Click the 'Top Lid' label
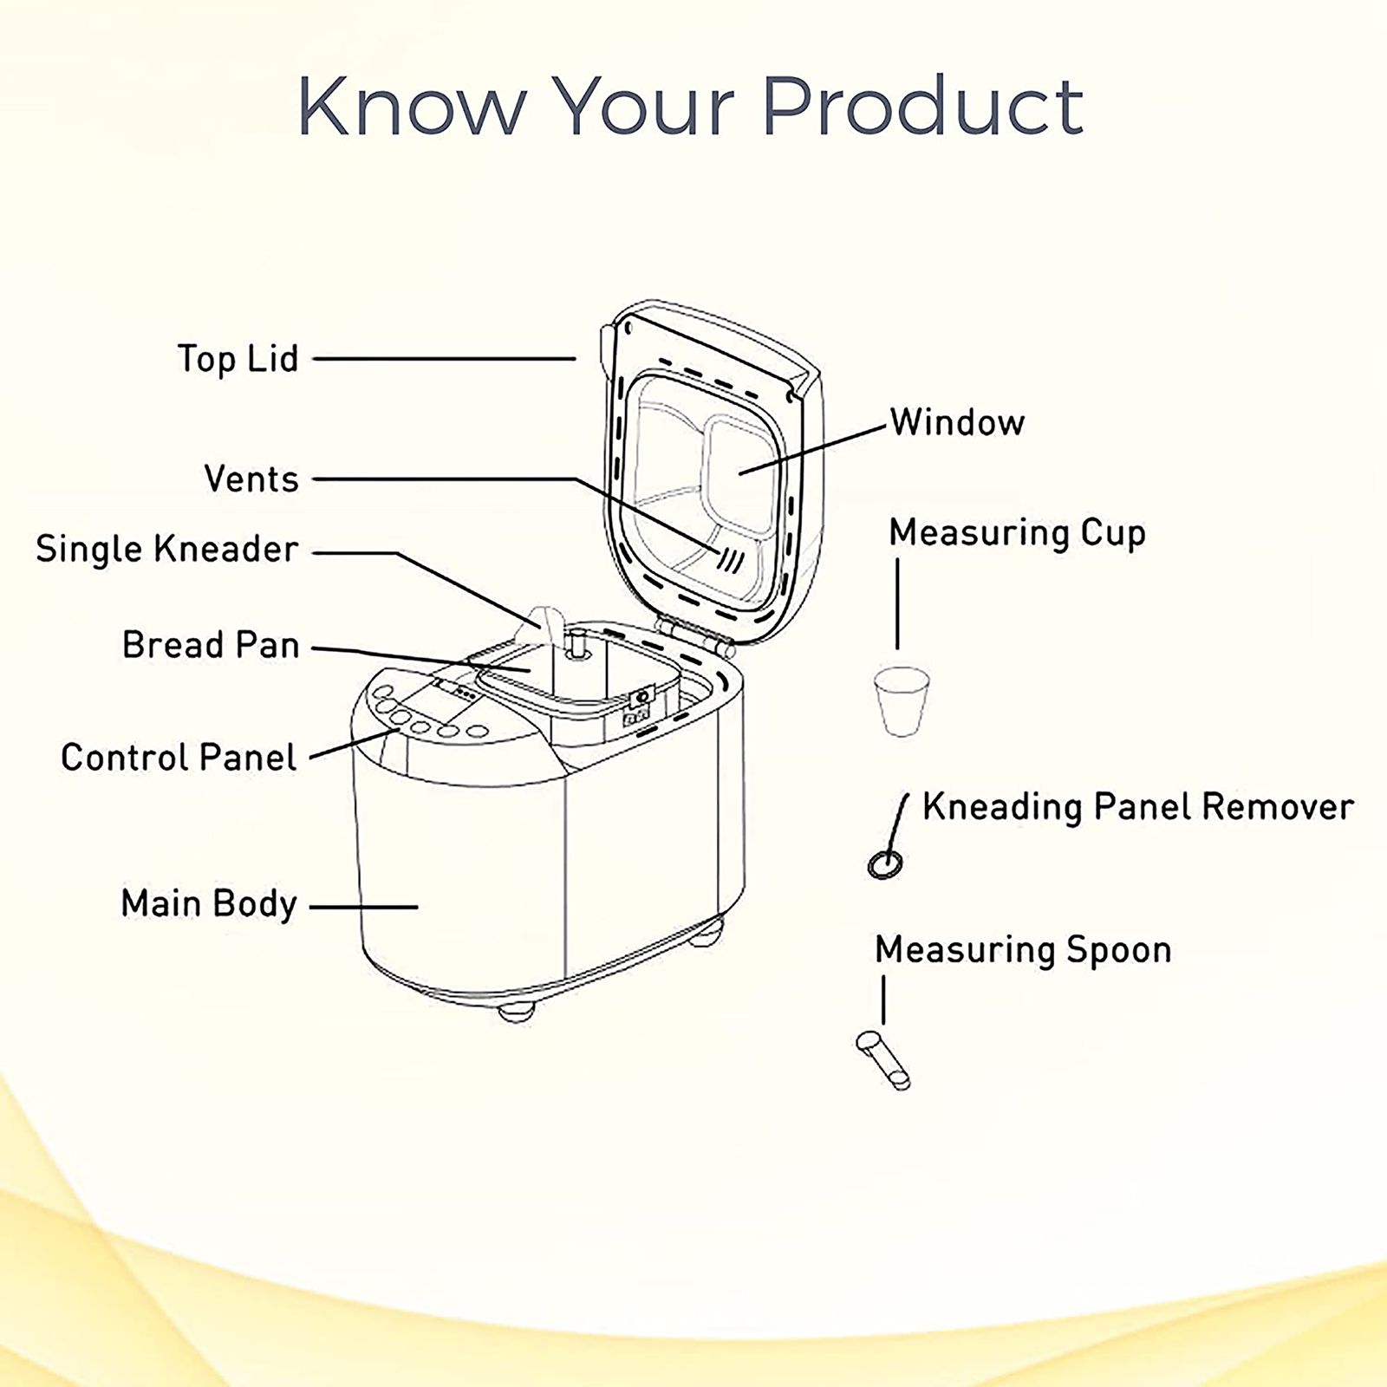coord(238,359)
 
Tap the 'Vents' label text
coord(251,479)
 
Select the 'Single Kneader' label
coord(167,550)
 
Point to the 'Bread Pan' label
coord(211,645)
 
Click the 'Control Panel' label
coord(179,758)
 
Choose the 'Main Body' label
coord(209,903)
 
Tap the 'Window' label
coord(958,422)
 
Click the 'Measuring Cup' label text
coord(1018,533)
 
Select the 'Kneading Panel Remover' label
coord(1137,807)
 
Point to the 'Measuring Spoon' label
coord(1024,950)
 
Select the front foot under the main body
coord(517,1012)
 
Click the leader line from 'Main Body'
coord(364,908)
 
